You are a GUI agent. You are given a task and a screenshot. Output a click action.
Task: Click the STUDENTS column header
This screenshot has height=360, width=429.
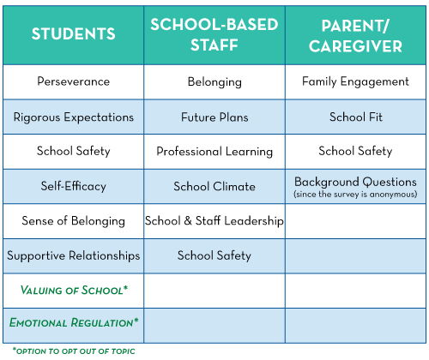click(74, 33)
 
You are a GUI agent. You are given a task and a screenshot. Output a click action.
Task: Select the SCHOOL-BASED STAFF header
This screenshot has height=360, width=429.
click(214, 34)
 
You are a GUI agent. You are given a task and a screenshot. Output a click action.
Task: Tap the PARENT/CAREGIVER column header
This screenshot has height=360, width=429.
click(355, 36)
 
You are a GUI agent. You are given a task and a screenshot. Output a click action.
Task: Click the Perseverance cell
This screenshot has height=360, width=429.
click(74, 81)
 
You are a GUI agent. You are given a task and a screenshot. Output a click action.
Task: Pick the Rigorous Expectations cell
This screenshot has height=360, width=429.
click(74, 117)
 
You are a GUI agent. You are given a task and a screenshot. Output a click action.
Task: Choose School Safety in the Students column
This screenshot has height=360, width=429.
click(74, 151)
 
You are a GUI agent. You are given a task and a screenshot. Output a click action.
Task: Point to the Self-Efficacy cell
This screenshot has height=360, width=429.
click(74, 186)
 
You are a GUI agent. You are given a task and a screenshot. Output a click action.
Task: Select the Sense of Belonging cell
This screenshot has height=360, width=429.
click(74, 221)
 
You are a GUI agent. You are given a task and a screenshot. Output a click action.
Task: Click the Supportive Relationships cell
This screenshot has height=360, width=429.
click(74, 255)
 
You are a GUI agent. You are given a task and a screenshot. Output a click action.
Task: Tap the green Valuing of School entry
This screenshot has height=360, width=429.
click(74, 291)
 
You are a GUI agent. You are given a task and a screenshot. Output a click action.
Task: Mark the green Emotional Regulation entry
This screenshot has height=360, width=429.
click(74, 322)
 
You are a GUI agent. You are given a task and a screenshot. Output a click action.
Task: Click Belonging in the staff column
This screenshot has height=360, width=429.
click(214, 82)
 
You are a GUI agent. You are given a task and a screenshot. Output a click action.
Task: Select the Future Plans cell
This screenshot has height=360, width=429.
click(214, 117)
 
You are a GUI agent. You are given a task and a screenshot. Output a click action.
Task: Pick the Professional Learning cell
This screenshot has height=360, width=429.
click(214, 152)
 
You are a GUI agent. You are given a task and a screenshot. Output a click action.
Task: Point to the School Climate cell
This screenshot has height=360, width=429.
click(214, 187)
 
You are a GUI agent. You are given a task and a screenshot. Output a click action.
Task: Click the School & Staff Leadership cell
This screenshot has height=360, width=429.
click(214, 221)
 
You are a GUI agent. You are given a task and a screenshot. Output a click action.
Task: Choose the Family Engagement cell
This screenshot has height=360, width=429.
click(355, 81)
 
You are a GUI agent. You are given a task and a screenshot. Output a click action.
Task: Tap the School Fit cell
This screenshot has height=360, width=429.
click(356, 117)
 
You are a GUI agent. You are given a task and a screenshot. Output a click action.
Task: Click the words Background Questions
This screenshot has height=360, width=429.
click(355, 182)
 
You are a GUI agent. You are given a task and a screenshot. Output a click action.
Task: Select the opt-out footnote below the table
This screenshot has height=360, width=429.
click(74, 351)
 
